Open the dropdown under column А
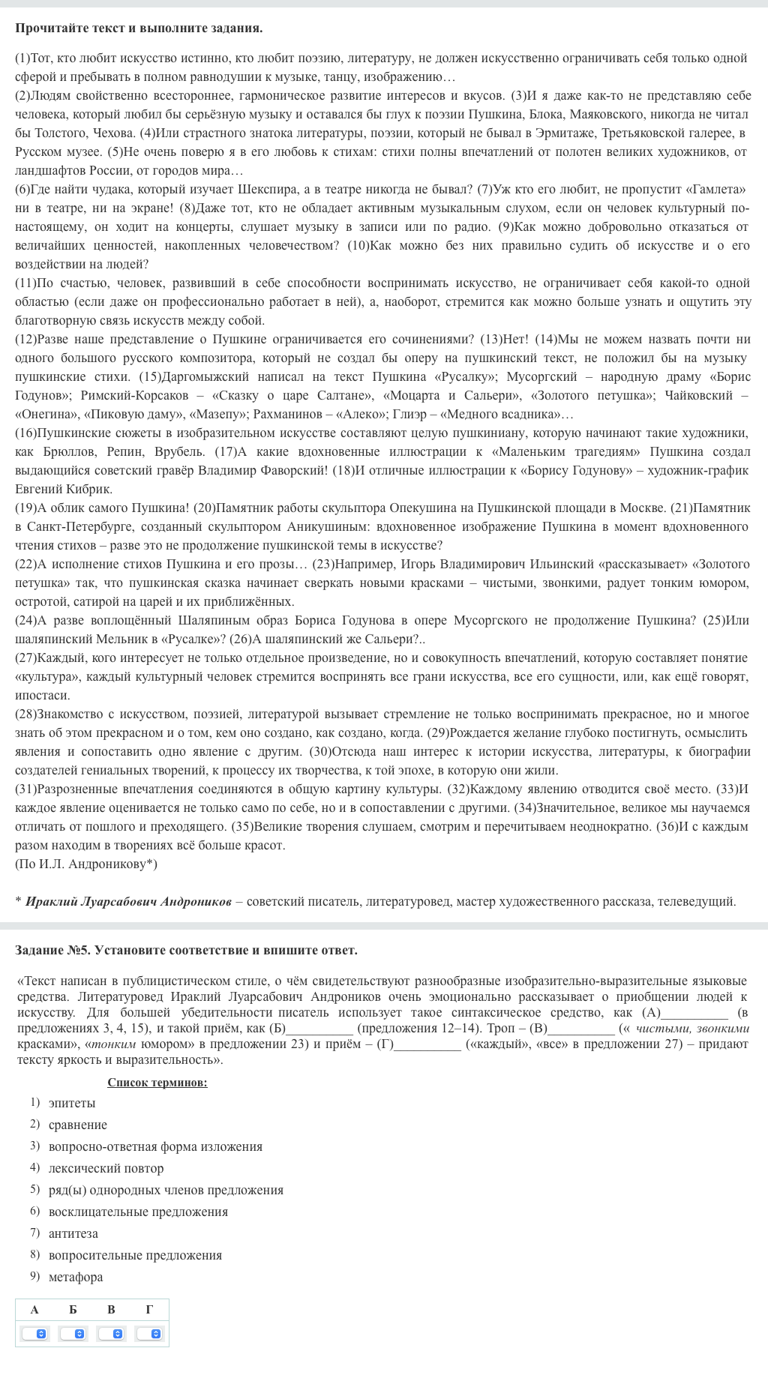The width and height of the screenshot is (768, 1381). (x=34, y=1334)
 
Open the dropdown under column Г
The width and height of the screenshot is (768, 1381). (x=149, y=1334)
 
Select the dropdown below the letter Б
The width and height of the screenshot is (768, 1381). (x=73, y=1334)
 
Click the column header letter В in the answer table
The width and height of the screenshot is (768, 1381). (x=111, y=1310)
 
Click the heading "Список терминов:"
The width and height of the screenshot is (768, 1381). (x=157, y=1082)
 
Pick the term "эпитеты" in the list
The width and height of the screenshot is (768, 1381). (x=72, y=1103)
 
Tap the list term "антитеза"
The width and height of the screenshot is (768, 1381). (x=73, y=1233)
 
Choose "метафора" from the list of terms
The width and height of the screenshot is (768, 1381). (x=76, y=1277)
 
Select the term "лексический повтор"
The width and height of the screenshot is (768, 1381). (x=106, y=1168)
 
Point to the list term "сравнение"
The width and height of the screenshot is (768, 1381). (x=77, y=1125)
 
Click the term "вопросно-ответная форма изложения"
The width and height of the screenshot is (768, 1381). (x=155, y=1146)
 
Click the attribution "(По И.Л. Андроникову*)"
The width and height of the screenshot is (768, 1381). (x=85, y=864)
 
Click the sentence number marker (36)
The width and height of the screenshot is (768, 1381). (x=667, y=826)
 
